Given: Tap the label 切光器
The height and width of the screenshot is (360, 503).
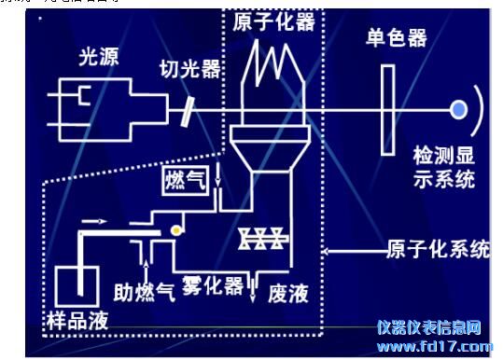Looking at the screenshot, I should pyautogui.click(x=191, y=68).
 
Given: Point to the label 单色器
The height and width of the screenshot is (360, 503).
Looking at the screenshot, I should pyautogui.click(x=397, y=37).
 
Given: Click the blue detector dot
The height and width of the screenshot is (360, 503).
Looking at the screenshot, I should pyautogui.click(x=458, y=110).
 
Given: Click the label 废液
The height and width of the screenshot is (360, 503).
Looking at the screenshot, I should pyautogui.click(x=287, y=293).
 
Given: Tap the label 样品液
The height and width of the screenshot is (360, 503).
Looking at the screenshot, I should pyautogui.click(x=77, y=321).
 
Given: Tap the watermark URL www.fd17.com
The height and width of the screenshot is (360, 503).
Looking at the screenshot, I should pyautogui.click(x=434, y=346).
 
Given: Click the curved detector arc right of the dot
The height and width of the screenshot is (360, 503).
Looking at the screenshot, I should pyautogui.click(x=478, y=110).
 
